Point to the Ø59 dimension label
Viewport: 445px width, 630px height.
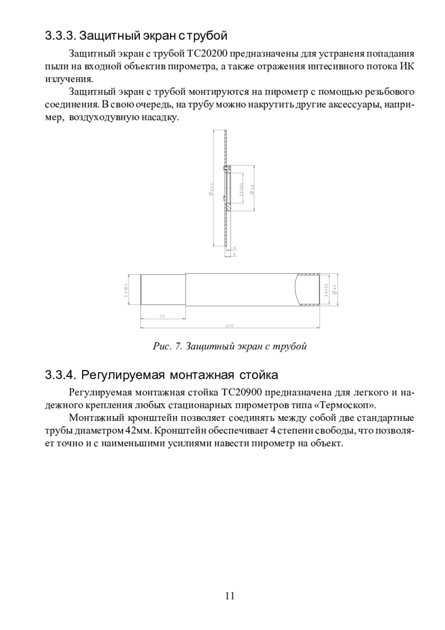point(252,189)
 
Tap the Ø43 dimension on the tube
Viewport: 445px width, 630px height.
point(335,289)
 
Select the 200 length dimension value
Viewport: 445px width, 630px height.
point(229,326)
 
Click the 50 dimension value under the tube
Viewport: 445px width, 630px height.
point(162,316)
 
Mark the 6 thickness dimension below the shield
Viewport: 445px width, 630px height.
point(234,248)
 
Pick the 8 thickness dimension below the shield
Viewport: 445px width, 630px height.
point(234,254)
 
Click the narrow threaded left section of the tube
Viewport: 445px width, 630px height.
point(163,289)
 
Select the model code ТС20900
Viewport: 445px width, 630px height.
point(243,393)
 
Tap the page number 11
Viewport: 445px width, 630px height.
point(229,595)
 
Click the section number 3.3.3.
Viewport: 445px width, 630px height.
point(60,36)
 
